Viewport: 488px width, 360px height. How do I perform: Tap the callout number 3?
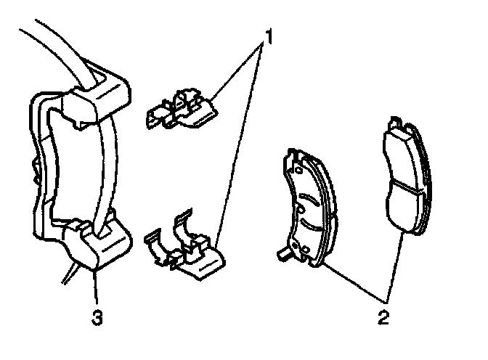point(96,316)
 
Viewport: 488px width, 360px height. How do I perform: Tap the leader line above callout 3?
point(94,287)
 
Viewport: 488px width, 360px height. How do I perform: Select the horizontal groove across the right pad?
point(403,186)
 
